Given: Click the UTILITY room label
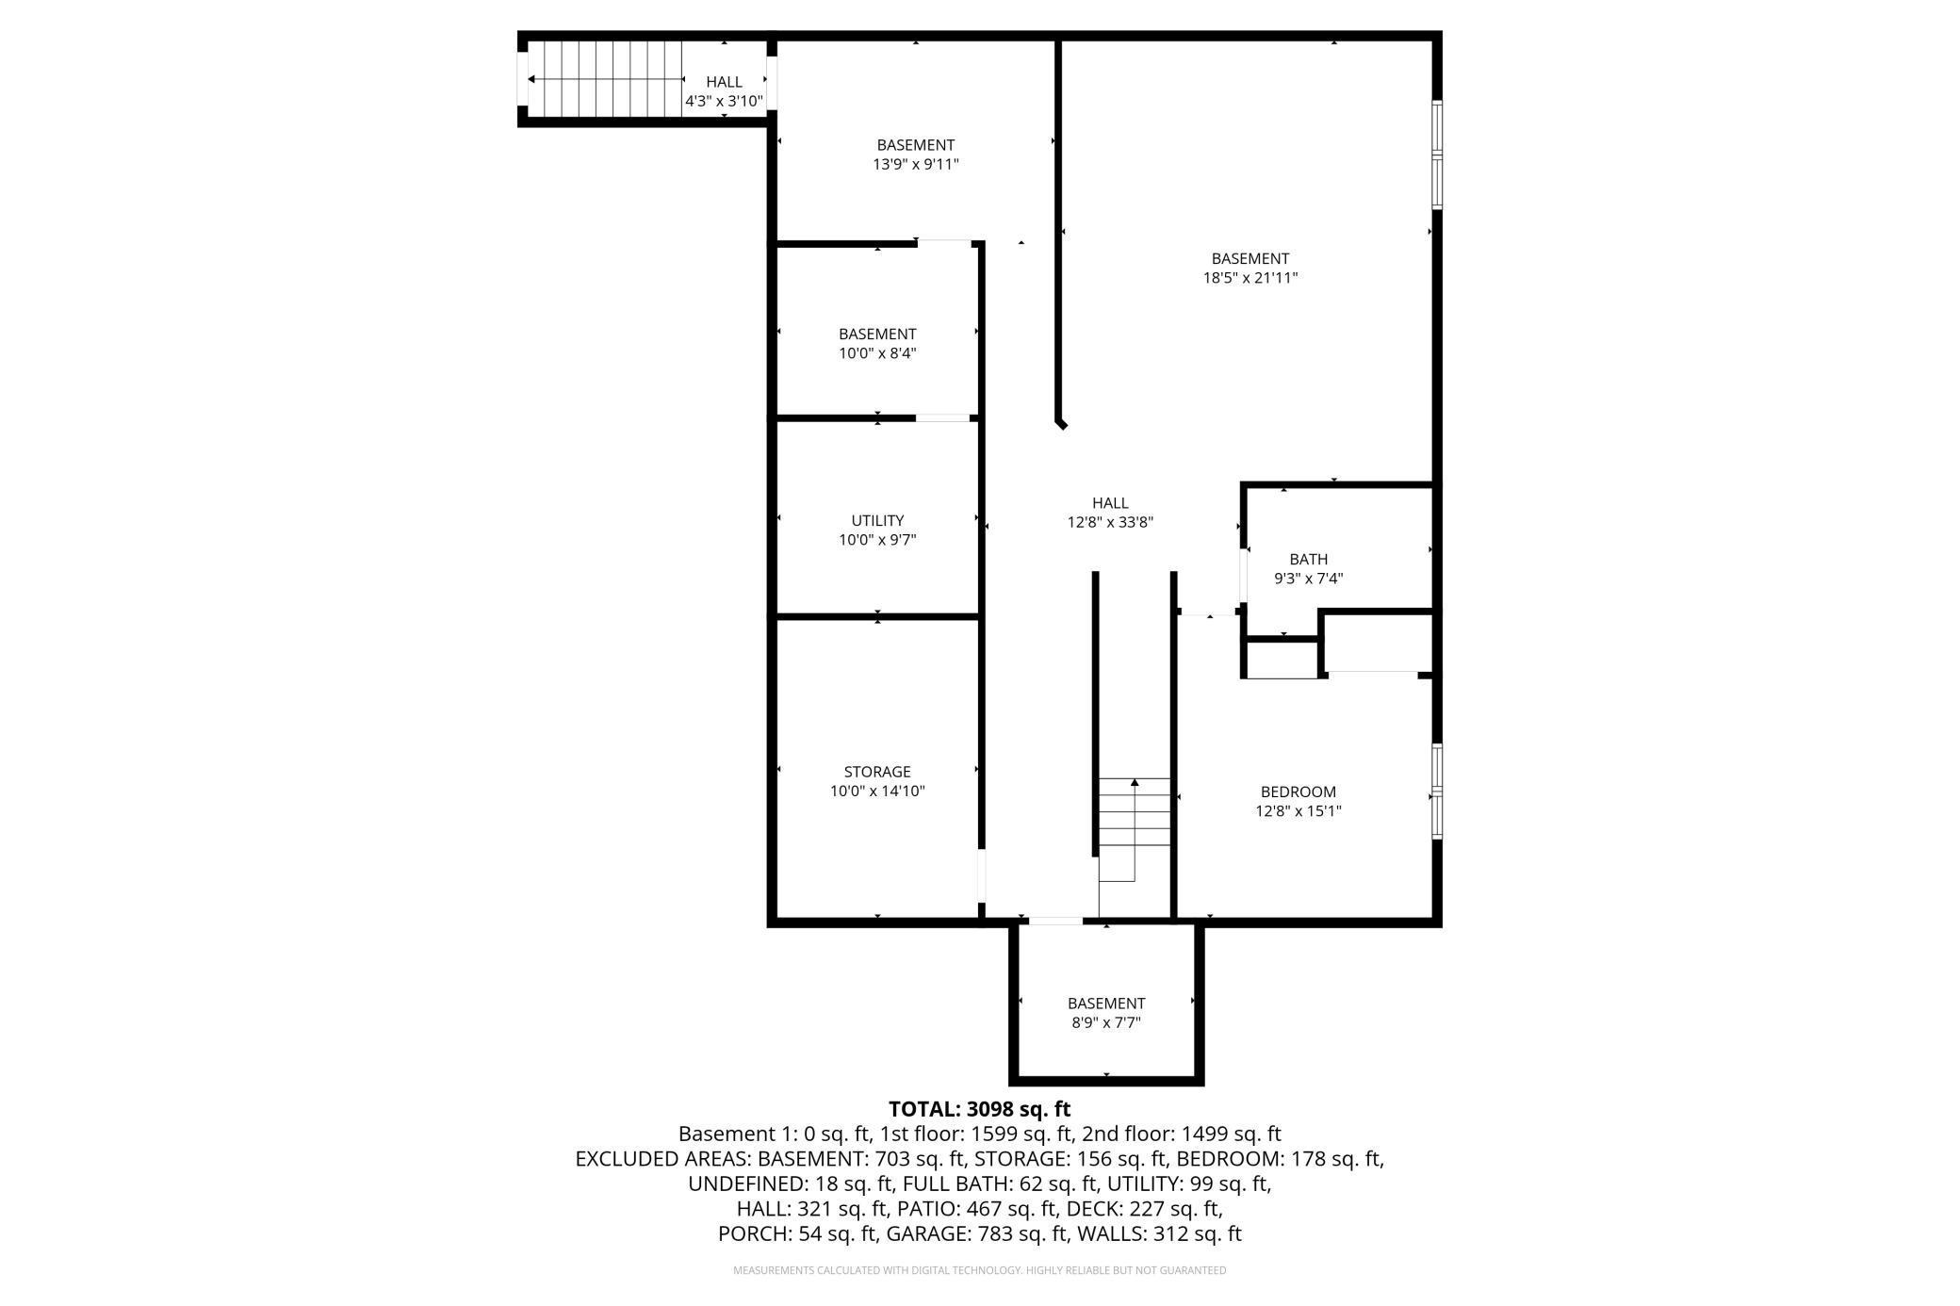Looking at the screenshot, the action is (x=877, y=520).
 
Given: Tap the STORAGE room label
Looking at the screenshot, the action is (x=877, y=772).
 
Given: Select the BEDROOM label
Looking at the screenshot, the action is (x=1298, y=792).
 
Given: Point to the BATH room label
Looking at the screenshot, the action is (x=1309, y=559).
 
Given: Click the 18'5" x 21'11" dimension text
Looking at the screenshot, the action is (x=1250, y=278).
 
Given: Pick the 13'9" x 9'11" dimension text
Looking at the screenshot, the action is (x=916, y=164).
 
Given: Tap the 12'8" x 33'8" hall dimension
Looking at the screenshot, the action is (x=1110, y=522).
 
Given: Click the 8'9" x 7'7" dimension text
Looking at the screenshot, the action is (x=1106, y=1022).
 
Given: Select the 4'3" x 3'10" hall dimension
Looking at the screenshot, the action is (x=724, y=101).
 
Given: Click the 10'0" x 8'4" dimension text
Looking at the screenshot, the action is (x=877, y=353).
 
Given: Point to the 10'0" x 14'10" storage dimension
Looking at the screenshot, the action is (x=877, y=792).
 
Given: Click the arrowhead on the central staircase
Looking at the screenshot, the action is (x=1135, y=782).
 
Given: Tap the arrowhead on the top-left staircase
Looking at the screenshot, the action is (x=533, y=79).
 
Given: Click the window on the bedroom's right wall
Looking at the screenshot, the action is (x=1437, y=792).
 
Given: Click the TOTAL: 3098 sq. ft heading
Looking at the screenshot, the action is (x=979, y=1109).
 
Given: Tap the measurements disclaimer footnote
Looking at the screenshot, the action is (x=980, y=1270).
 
